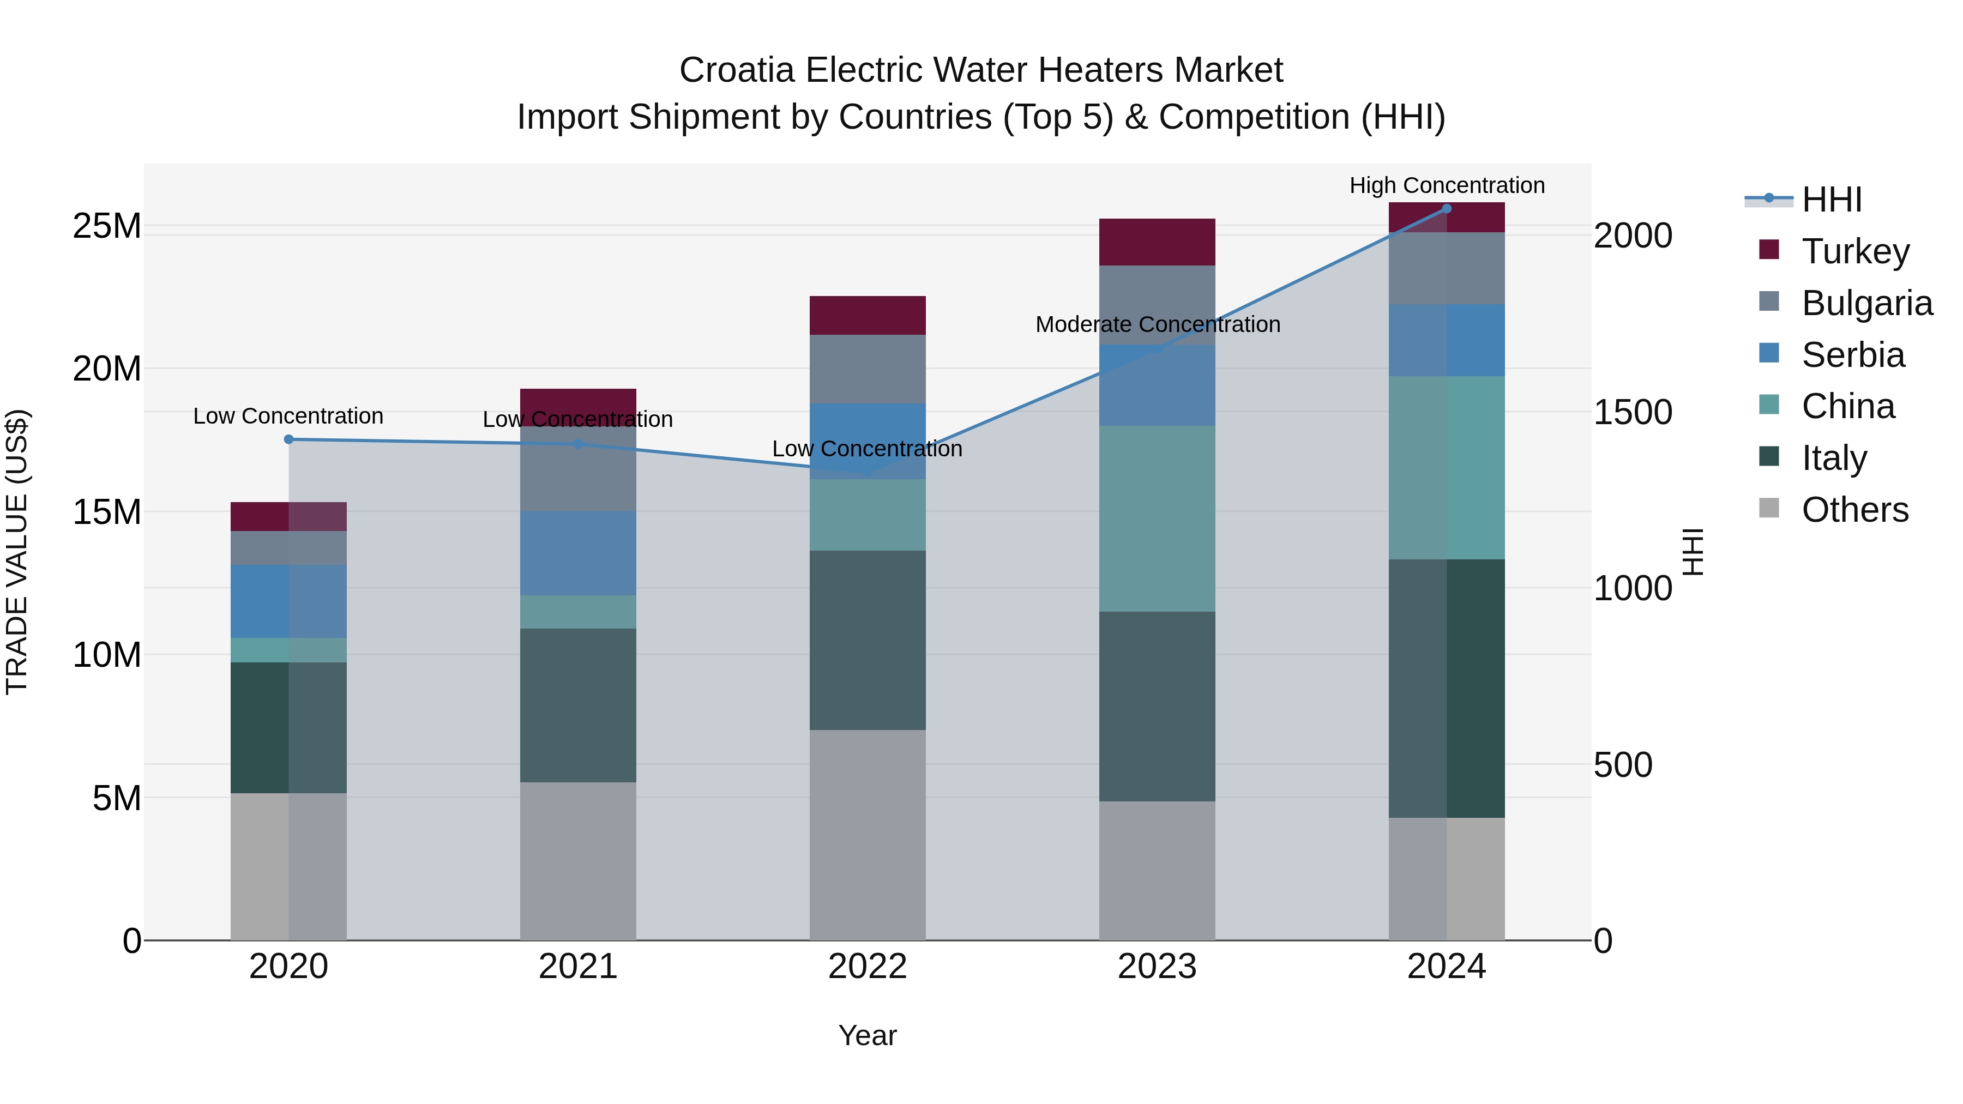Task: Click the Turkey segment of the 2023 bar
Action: tap(1157, 242)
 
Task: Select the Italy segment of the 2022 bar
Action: tap(867, 640)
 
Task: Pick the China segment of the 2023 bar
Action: tap(1157, 518)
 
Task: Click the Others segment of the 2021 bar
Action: tap(577, 861)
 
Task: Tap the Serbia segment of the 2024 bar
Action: tap(1446, 341)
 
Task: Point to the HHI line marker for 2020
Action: tap(289, 439)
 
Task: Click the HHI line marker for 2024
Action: tap(1446, 209)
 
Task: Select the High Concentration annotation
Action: tap(1446, 186)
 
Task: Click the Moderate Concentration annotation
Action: tap(1157, 324)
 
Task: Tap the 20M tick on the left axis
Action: tap(107, 369)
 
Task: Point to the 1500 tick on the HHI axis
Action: tap(1632, 412)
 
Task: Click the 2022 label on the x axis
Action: tap(867, 967)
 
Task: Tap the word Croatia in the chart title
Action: tap(736, 70)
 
